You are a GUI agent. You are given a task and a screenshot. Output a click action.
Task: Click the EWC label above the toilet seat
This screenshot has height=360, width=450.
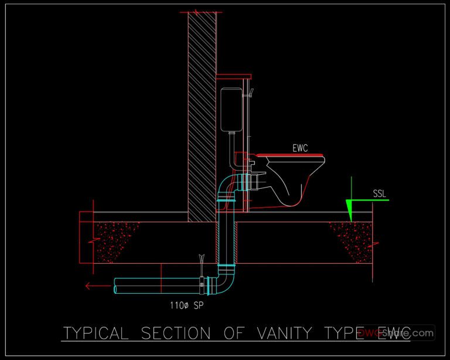tap(301, 148)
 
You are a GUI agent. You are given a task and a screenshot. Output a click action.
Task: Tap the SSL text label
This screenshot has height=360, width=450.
tap(380, 193)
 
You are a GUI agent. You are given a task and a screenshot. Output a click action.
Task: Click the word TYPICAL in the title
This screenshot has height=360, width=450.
tap(95, 334)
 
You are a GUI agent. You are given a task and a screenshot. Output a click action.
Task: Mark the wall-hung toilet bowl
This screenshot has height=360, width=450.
tap(293, 179)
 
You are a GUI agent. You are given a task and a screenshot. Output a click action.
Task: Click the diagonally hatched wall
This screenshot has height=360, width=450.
tap(202, 117)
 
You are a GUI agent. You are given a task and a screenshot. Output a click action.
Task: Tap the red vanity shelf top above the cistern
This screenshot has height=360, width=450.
tap(234, 76)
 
